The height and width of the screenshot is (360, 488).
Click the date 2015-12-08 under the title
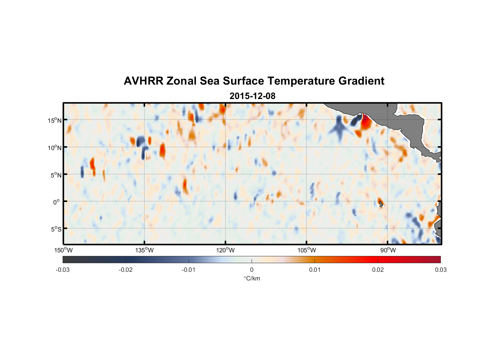click(252, 96)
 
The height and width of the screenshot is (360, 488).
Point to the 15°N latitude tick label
click(55, 120)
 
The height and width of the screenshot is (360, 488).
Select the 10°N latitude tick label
click(55, 148)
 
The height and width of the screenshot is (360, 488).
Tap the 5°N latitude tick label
click(56, 175)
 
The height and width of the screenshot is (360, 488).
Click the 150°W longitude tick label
click(64, 250)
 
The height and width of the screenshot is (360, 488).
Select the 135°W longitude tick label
click(145, 250)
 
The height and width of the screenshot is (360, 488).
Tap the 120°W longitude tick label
click(226, 250)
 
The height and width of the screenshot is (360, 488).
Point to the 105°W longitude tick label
click(307, 250)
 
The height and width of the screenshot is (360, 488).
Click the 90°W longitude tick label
click(388, 250)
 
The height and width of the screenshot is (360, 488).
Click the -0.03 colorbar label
click(63, 270)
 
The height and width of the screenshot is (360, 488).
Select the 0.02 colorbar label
click(378, 270)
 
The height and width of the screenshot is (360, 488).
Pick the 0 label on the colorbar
click(252, 270)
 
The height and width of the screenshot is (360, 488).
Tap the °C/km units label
click(252, 278)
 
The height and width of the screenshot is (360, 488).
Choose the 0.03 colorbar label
click(440, 270)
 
